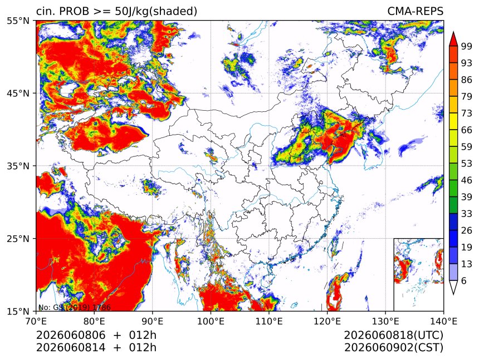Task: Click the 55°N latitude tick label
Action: tap(18, 21)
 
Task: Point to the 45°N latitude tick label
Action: tap(18, 93)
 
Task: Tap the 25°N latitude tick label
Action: tap(18, 238)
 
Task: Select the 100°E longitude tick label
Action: tap(211, 321)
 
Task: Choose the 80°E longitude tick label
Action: tap(94, 321)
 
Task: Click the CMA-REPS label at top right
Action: tap(415, 11)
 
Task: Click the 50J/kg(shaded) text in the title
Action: tap(156, 11)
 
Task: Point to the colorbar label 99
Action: tap(467, 46)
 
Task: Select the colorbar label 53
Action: tap(467, 164)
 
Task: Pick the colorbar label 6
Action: tap(464, 280)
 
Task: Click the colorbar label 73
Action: tap(467, 114)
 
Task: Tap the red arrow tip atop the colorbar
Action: tap(453, 32)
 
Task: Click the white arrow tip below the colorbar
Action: tap(453, 293)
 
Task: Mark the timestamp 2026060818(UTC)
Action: tap(393, 335)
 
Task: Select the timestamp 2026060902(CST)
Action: tap(393, 348)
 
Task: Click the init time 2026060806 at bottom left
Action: tap(71, 335)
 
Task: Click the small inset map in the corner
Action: tap(418, 274)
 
